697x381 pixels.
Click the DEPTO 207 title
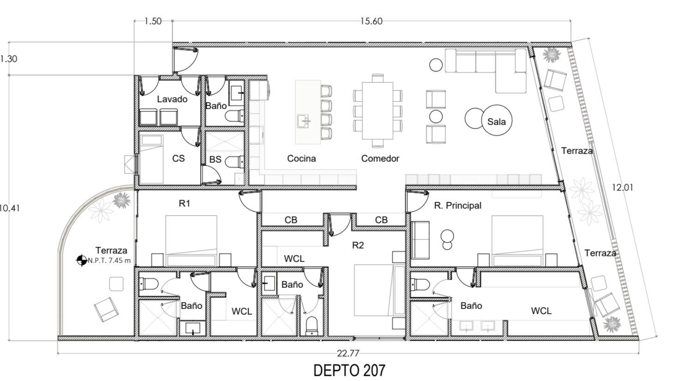[x=349, y=370]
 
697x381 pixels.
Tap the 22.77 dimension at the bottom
[x=348, y=354]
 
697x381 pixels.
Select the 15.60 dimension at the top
[x=371, y=21]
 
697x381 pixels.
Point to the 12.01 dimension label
[x=622, y=187]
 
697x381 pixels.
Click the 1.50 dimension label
[x=153, y=21]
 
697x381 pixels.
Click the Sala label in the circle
[x=496, y=122]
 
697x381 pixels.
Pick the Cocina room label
[x=301, y=159]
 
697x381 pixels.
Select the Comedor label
[x=380, y=159]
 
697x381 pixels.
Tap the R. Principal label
[x=457, y=206]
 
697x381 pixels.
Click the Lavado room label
[x=172, y=99]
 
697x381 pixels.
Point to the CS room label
[x=178, y=158]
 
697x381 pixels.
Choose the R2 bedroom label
[x=358, y=245]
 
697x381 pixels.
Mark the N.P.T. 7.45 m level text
[x=109, y=261]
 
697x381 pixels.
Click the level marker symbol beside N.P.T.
[x=81, y=261]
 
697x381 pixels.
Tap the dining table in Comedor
[x=378, y=111]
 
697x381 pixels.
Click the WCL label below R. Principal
[x=541, y=311]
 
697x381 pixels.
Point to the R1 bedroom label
[x=184, y=203]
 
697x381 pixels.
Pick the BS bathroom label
[x=215, y=160]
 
